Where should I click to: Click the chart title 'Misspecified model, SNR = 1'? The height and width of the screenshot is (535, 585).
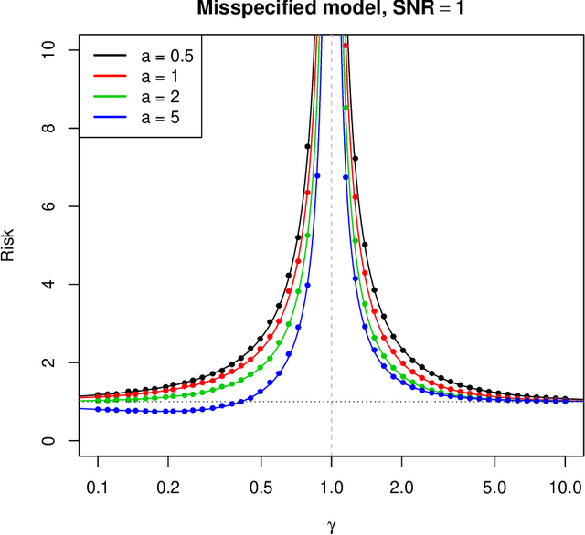pyautogui.click(x=331, y=10)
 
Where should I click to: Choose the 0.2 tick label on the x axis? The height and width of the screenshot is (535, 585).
pyautogui.click(x=167, y=488)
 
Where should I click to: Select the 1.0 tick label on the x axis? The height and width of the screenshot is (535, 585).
pyautogui.click(x=331, y=488)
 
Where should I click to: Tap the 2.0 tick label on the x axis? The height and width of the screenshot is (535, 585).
pyautogui.click(x=401, y=488)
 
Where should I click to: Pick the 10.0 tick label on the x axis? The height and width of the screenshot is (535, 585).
pyautogui.click(x=561, y=488)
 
